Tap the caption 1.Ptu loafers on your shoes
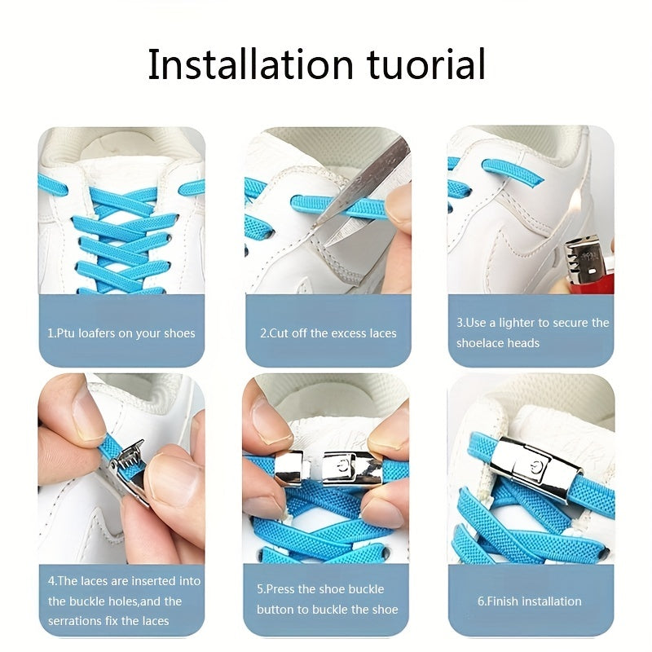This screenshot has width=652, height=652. click(121, 333)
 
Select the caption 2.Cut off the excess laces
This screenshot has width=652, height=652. click(328, 333)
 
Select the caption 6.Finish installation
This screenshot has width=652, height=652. click(529, 601)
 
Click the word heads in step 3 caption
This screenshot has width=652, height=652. click(522, 343)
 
